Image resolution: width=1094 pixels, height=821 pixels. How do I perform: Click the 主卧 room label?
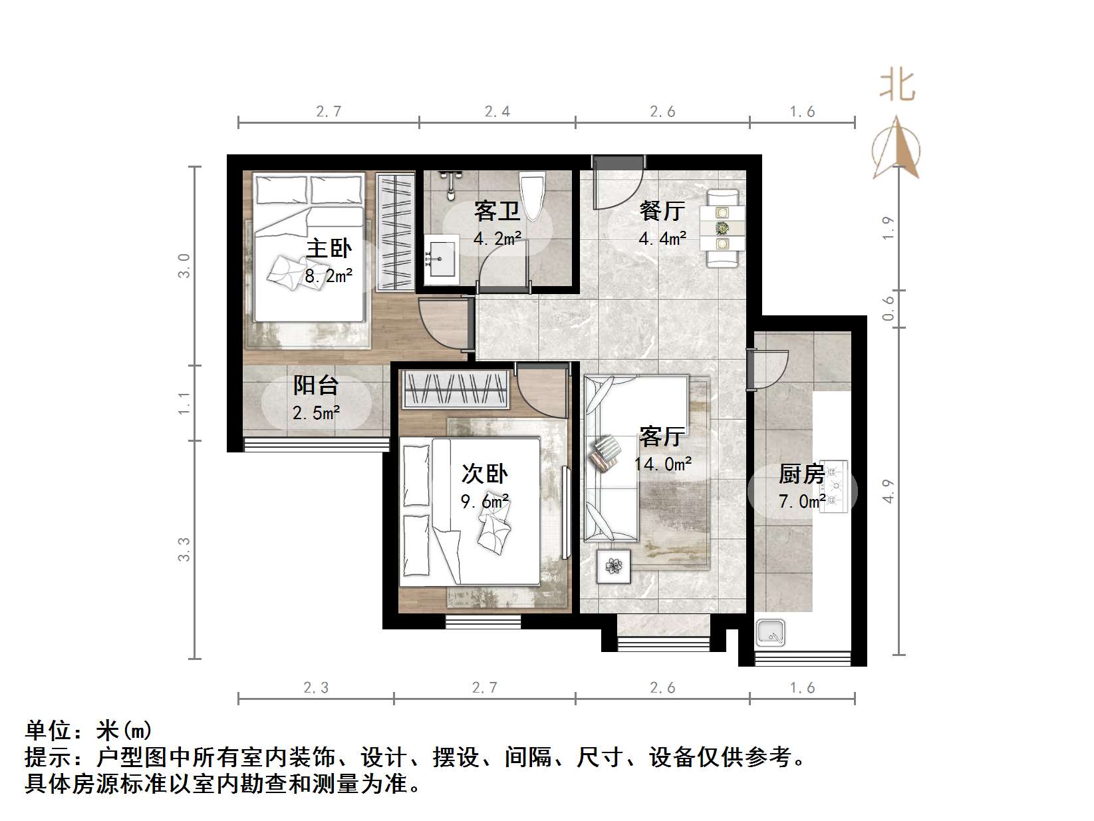(x=329, y=249)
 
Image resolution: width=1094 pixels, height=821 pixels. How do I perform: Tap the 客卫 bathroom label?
(x=497, y=212)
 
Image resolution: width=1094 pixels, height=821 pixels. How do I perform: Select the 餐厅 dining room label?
(x=662, y=211)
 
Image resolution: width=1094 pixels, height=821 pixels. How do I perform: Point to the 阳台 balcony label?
(x=316, y=386)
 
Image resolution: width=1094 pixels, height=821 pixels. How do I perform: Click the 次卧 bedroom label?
(x=485, y=474)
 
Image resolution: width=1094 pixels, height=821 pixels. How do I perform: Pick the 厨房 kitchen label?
(x=801, y=474)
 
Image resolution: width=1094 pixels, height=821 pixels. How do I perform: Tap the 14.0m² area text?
(x=662, y=464)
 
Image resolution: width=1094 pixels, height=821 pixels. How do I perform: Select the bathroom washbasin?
(x=440, y=260)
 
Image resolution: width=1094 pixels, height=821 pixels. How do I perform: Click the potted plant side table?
(x=613, y=566)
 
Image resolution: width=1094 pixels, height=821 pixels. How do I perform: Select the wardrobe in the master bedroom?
(x=396, y=232)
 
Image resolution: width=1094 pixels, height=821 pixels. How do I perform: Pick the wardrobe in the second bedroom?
(x=456, y=389)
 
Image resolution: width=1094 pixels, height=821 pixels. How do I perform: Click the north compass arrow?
(x=897, y=150)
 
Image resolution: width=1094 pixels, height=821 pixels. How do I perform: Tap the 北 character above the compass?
(x=897, y=86)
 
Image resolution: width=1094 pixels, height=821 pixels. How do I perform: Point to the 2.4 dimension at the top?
(x=497, y=112)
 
